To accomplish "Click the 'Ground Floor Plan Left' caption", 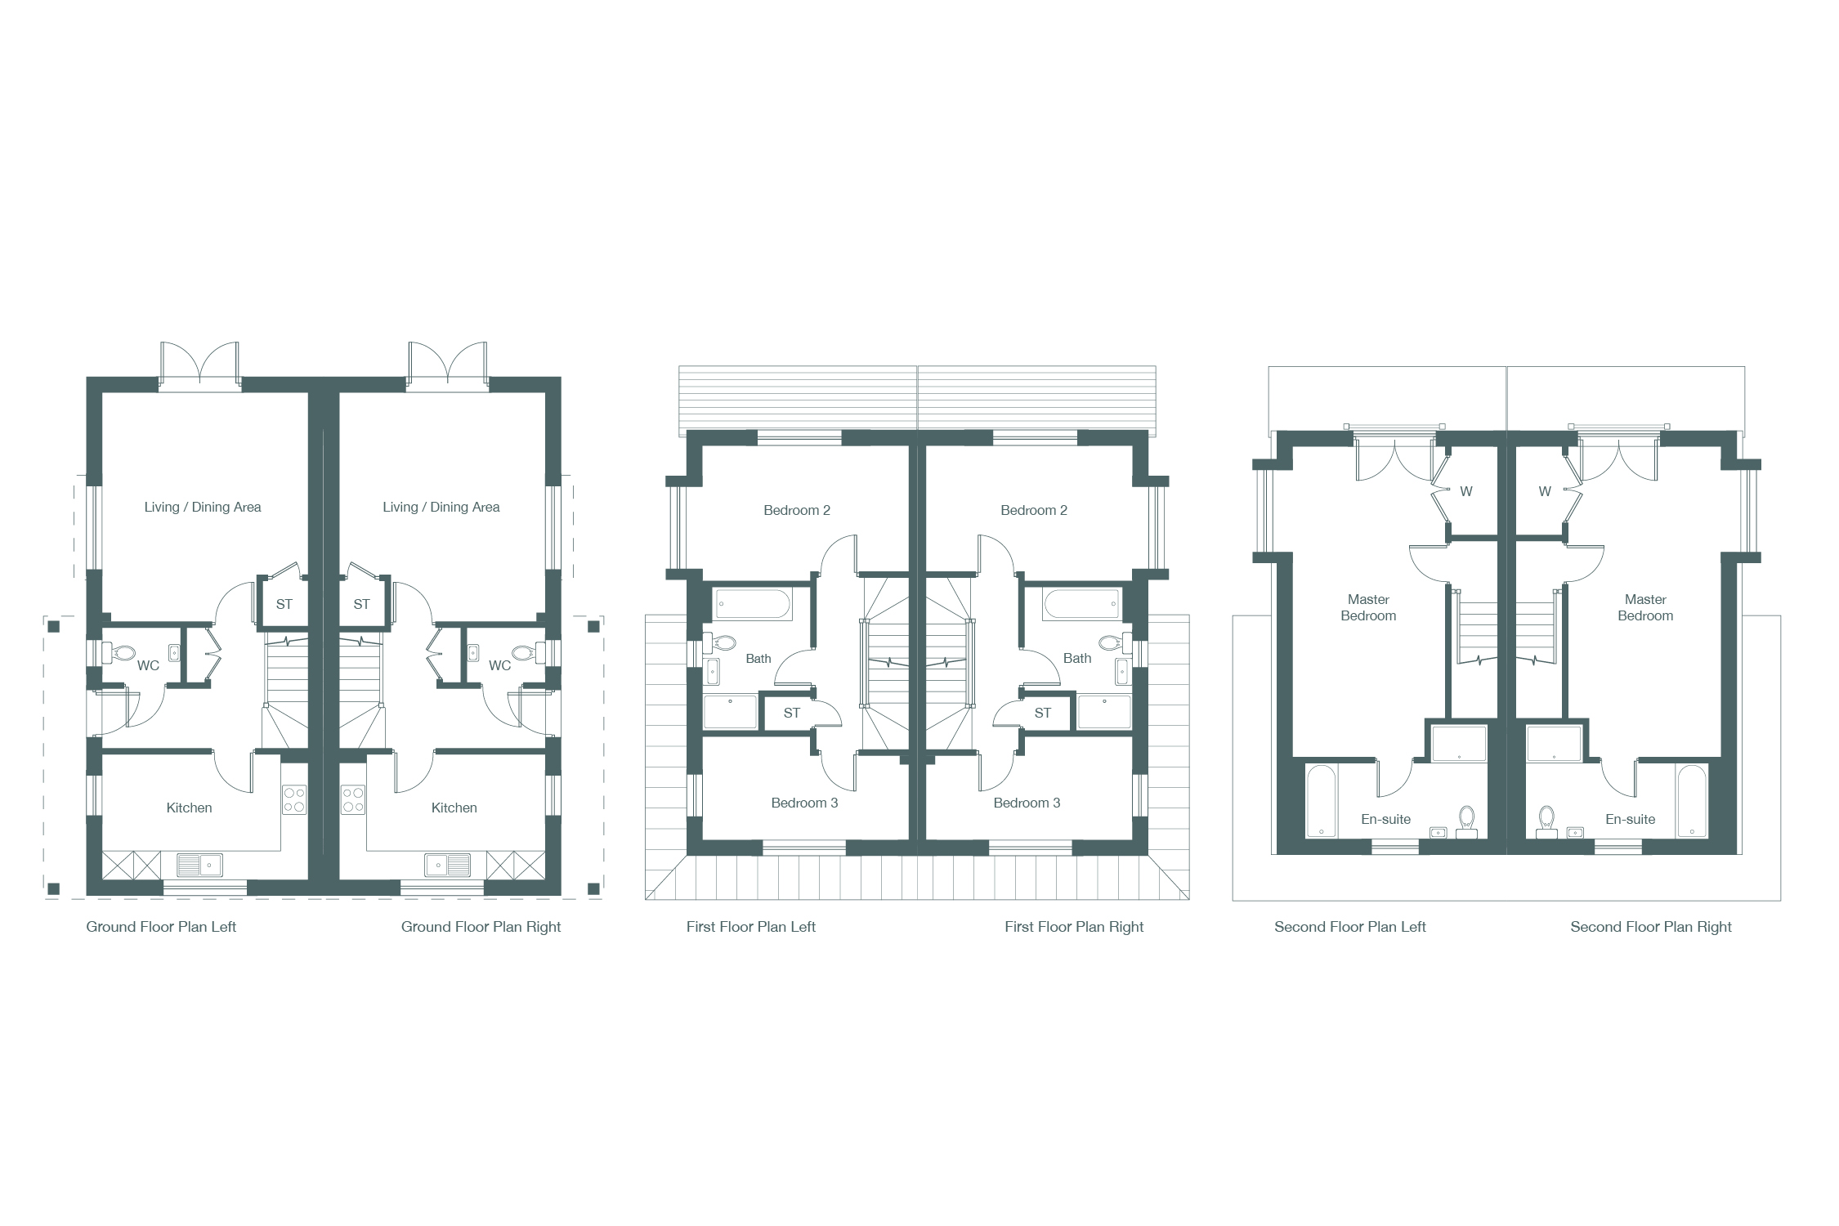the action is (x=161, y=927).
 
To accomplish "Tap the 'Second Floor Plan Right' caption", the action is (x=1651, y=927).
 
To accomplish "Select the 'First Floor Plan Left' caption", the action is (x=751, y=927).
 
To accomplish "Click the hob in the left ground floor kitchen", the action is (x=294, y=800).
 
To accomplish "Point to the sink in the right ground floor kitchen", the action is (x=447, y=864).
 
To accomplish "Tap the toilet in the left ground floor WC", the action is (x=119, y=652).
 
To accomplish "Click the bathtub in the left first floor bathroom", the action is (x=753, y=605).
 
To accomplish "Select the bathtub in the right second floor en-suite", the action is (x=1692, y=801).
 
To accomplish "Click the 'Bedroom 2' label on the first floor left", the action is (x=797, y=510).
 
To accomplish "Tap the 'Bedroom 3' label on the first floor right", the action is (x=1027, y=803).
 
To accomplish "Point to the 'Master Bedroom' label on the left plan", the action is (x=1368, y=607).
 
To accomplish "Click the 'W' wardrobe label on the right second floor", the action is (x=1545, y=491).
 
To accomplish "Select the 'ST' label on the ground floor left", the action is (x=284, y=604).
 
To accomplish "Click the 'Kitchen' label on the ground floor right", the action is (x=454, y=808).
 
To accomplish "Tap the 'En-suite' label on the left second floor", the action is (x=1386, y=819).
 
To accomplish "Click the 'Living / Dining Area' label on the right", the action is (x=441, y=507).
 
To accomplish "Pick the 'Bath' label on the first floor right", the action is (x=1077, y=658).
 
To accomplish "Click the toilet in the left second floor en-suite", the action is (x=1467, y=821).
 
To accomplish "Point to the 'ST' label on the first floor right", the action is (x=1043, y=713).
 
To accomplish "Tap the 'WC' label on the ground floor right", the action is (x=500, y=665).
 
